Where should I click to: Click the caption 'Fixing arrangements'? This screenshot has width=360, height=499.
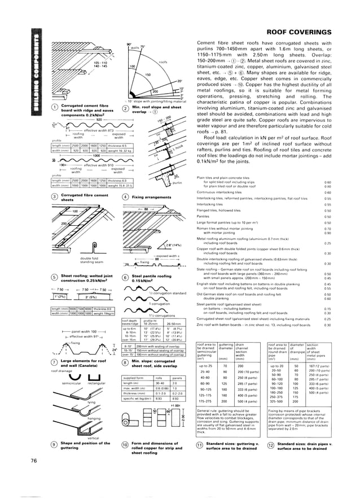[149, 196]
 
